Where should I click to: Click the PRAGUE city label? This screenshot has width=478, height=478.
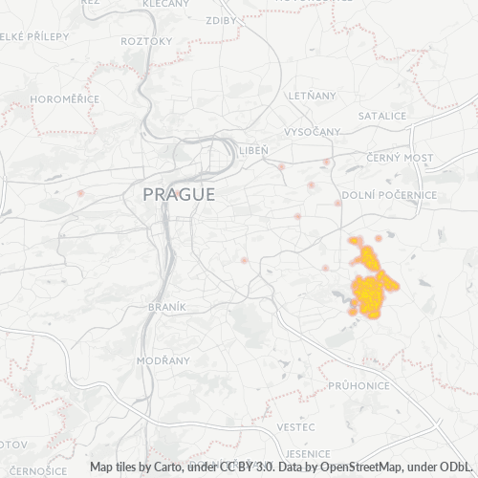179,194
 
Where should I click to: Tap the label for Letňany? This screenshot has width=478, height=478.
316,96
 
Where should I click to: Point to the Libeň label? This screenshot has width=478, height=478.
253,151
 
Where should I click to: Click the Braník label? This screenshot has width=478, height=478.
166,307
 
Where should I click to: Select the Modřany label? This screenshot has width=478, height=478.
156,360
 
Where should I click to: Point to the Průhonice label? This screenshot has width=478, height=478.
358,385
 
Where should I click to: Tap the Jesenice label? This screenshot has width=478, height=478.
307,453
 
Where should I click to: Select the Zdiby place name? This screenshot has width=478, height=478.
221,19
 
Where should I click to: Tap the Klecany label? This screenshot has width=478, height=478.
165,4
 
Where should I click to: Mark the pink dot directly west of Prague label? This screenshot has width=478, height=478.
80,194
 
